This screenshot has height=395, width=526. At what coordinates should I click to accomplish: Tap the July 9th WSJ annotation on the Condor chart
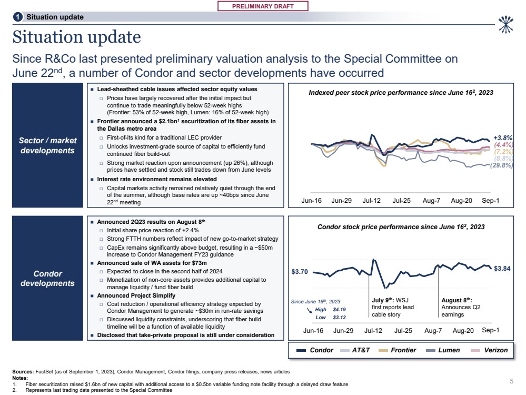click(393, 307)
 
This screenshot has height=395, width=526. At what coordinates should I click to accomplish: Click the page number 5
click(511, 381)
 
